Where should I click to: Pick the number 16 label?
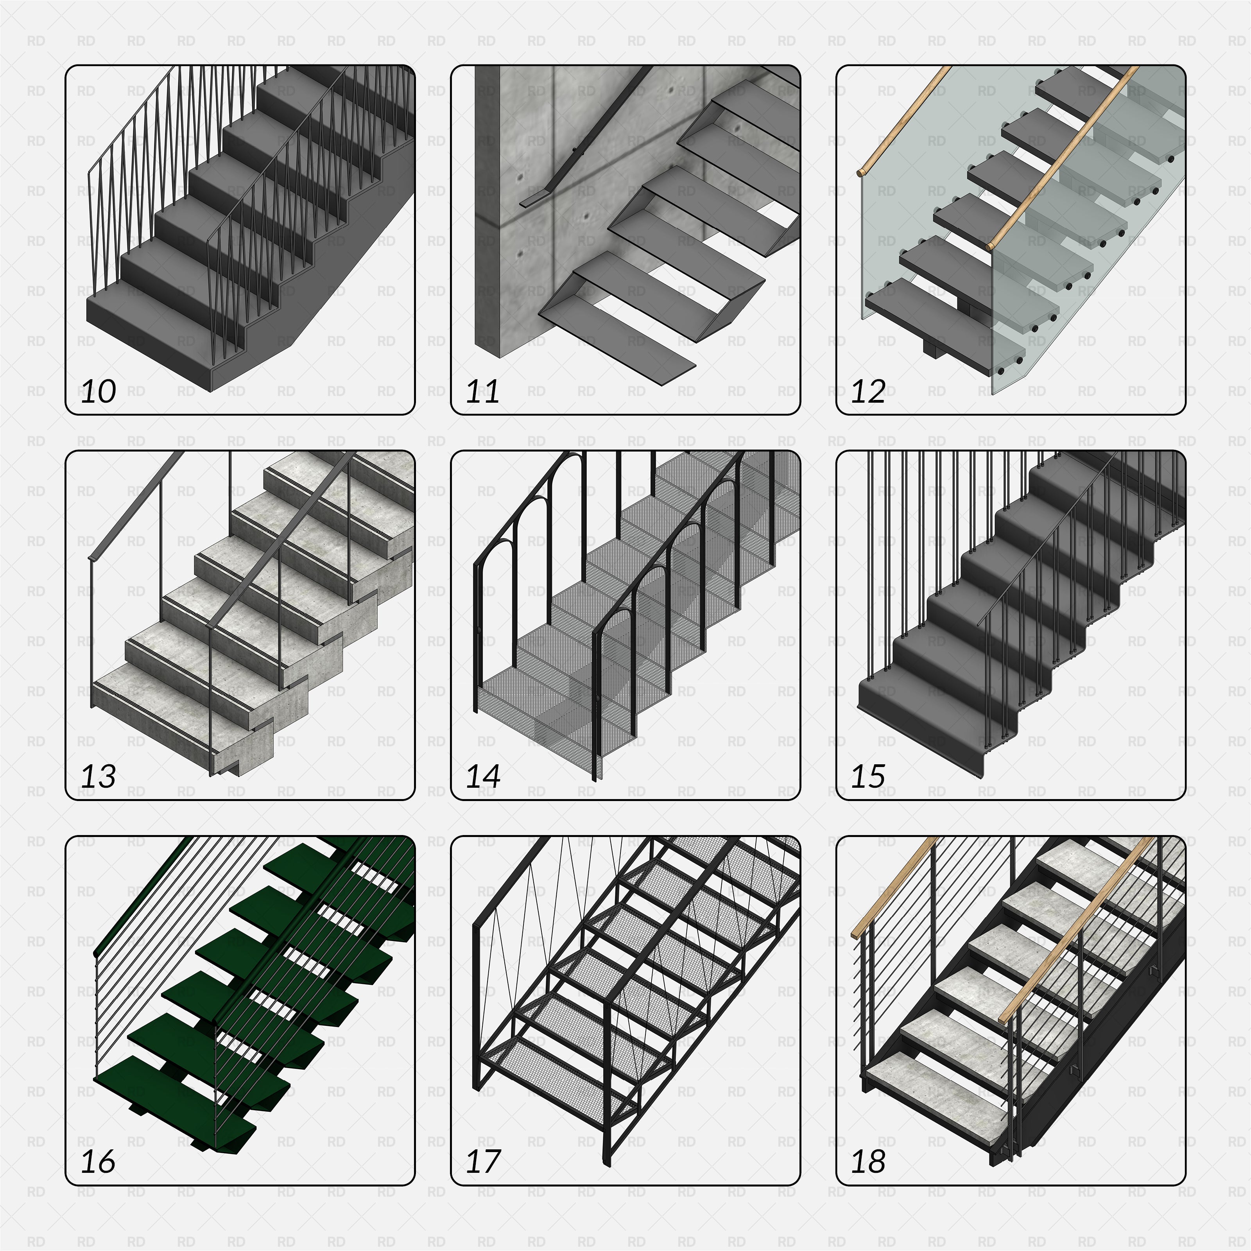[99, 1161]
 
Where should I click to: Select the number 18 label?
[867, 1161]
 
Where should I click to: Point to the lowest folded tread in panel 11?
[615, 346]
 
